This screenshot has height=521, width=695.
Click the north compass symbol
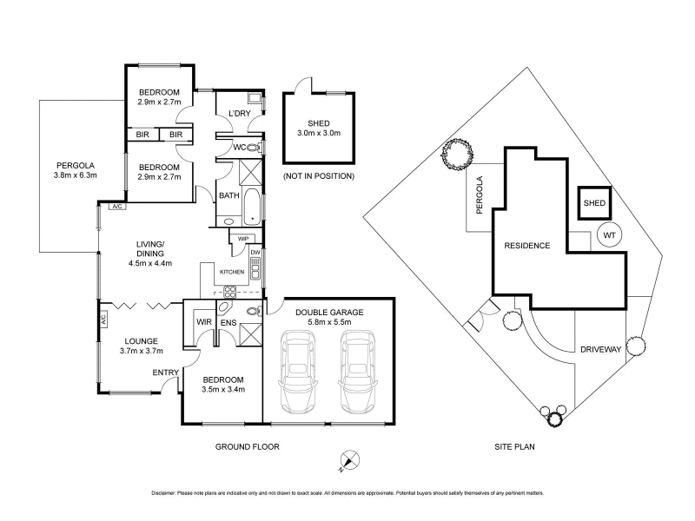(x=349, y=461)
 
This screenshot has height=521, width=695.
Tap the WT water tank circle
(x=610, y=234)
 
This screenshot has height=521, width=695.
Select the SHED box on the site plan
(x=594, y=203)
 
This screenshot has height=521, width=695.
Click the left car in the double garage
(x=298, y=372)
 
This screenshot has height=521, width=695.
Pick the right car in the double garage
(x=359, y=372)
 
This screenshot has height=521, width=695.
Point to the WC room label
(x=240, y=147)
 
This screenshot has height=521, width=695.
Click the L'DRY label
(x=240, y=114)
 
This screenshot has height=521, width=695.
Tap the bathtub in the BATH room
(x=252, y=207)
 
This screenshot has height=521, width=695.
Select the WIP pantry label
(x=243, y=239)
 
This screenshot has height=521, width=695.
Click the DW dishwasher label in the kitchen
(x=255, y=253)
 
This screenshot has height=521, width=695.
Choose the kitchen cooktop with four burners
(x=229, y=292)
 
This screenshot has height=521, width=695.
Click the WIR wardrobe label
(x=204, y=322)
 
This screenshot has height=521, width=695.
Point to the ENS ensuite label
(x=228, y=323)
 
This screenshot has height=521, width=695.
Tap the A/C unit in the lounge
(x=103, y=320)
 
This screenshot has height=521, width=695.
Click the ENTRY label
(x=165, y=373)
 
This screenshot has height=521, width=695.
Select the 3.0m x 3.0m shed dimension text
(x=319, y=133)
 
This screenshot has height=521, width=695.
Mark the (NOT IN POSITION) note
(x=319, y=176)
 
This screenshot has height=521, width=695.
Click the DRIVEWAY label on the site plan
(x=600, y=350)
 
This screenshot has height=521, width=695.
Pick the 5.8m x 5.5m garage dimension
(x=329, y=322)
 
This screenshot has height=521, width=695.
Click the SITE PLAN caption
(x=514, y=447)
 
